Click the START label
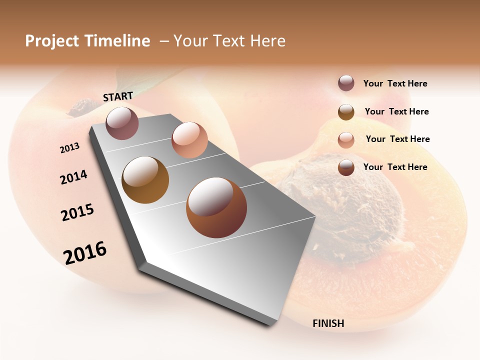coord(118,96)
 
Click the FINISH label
coord(328,323)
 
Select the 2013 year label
coord(70,147)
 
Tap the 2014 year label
coord(74,177)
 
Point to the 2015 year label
coord(77,212)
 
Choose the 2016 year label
coord(85,253)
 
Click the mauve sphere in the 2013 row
coord(122,123)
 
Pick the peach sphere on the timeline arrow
coord(189,140)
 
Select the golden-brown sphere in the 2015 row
coord(145,180)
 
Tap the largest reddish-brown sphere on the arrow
coord(216,207)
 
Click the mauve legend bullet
coord(346,83)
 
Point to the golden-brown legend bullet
coord(346,112)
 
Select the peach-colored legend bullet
coord(346,139)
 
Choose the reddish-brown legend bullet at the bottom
coord(346,167)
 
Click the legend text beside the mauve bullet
coord(395,83)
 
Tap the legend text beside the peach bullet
coord(397,139)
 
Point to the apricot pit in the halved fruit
coord(350,210)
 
